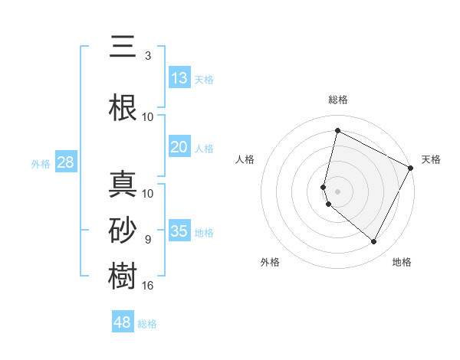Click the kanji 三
[123, 47]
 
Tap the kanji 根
[123, 108]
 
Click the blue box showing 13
[179, 78]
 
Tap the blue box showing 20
[179, 148]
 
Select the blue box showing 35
[179, 231]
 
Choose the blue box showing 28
[65, 162]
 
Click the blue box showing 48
[123, 322]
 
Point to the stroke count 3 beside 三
[148, 56]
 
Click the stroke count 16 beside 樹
[148, 286]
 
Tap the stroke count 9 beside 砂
[148, 240]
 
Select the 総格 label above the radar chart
[337, 100]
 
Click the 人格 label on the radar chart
[245, 159]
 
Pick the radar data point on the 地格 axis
[373, 242]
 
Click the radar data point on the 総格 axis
[337, 131]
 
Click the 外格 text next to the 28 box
[40, 163]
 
